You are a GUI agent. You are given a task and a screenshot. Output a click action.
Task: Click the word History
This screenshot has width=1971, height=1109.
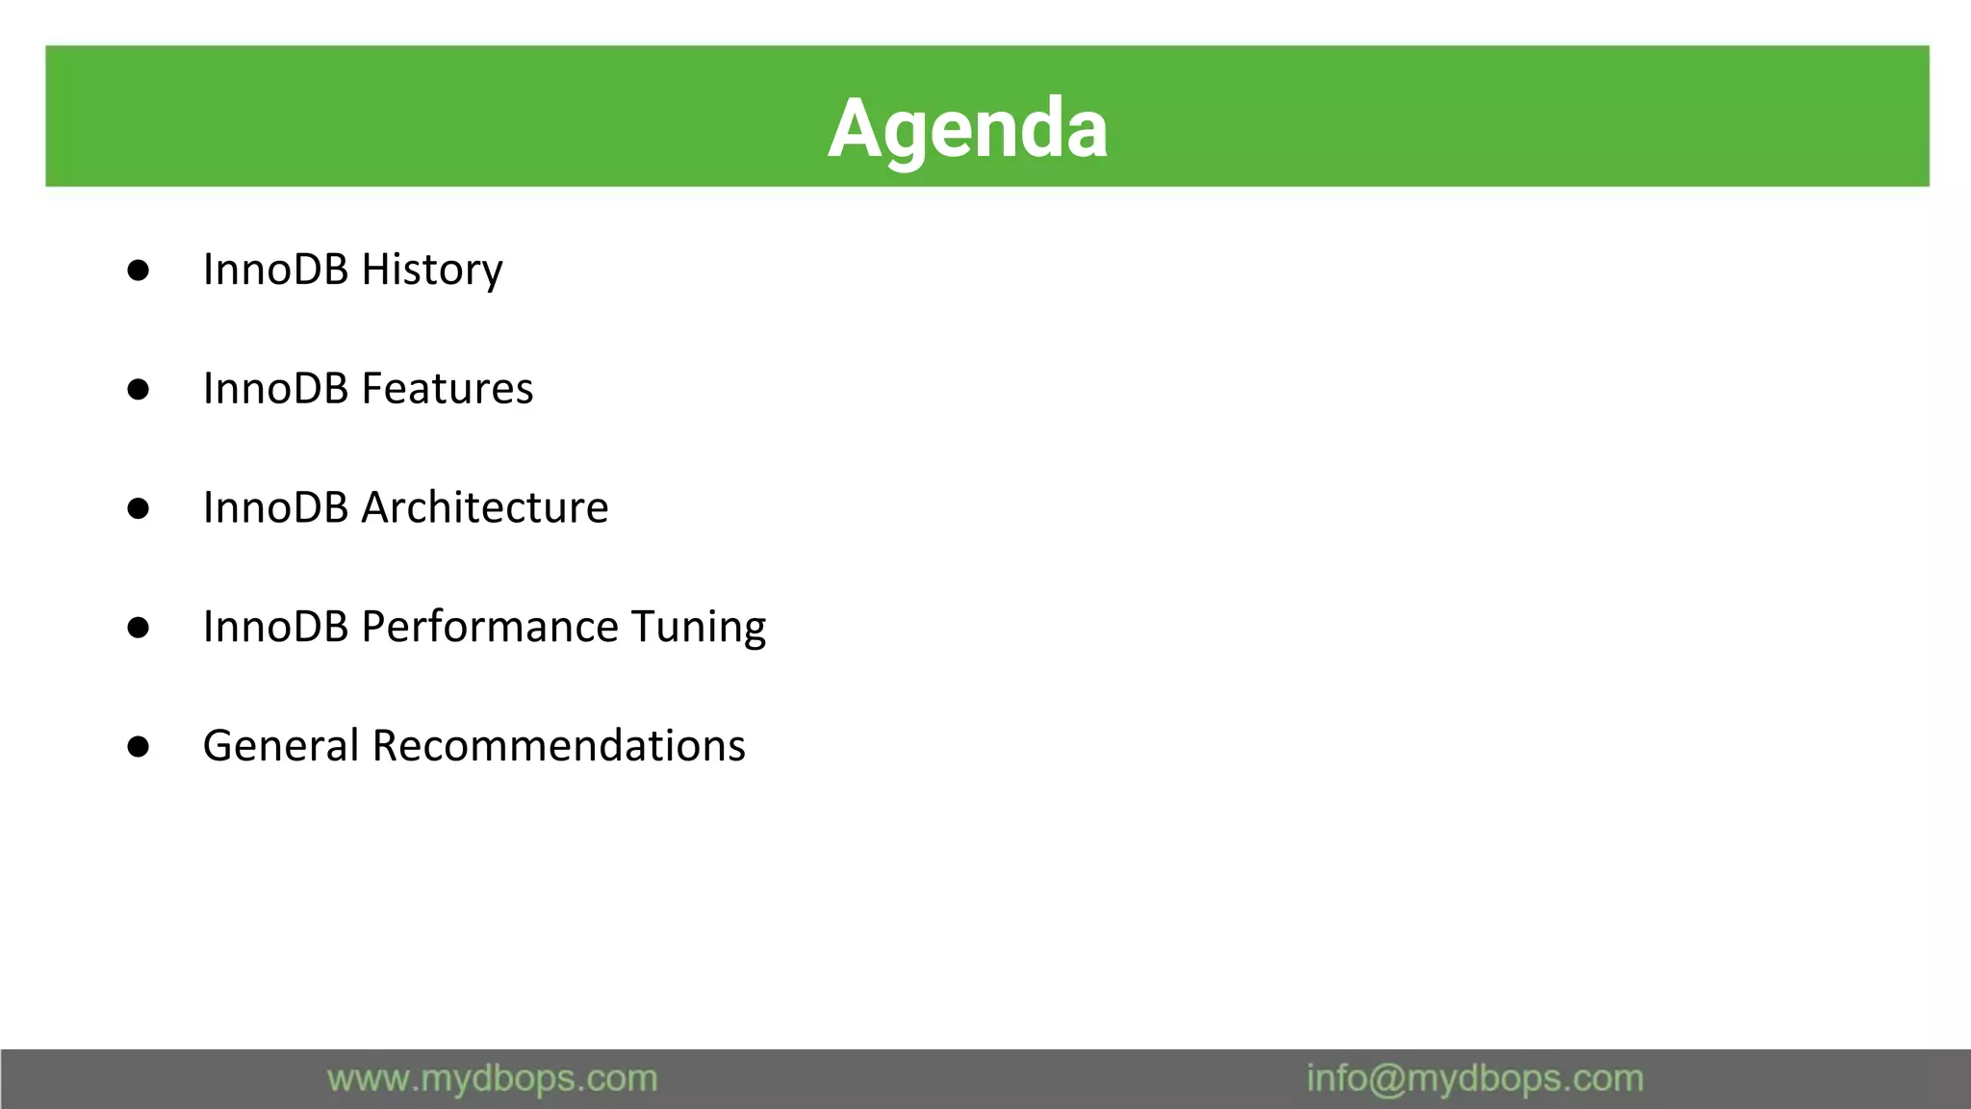pyautogui.click(x=431, y=270)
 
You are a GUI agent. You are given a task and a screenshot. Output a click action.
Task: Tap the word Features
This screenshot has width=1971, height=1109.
pyautogui.click(x=447, y=389)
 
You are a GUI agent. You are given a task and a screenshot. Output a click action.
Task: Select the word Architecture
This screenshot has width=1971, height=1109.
pyautogui.click(x=484, y=507)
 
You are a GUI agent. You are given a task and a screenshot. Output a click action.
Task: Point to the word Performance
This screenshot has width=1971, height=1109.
pyautogui.click(x=489, y=627)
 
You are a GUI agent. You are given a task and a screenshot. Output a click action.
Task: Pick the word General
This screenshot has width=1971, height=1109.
pyautogui.click(x=281, y=746)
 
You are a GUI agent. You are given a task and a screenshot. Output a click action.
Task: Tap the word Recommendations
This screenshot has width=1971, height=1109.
pyautogui.click(x=558, y=746)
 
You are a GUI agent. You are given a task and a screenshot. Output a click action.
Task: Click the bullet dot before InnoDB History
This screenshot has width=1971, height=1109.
pyautogui.click(x=138, y=271)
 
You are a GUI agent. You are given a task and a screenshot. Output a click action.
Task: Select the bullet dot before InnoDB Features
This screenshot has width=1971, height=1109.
pyautogui.click(x=138, y=390)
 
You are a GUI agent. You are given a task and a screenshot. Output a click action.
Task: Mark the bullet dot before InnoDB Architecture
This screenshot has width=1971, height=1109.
pyautogui.click(x=138, y=508)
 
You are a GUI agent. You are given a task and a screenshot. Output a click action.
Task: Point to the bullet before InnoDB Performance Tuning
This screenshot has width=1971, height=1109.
pyautogui.click(x=138, y=628)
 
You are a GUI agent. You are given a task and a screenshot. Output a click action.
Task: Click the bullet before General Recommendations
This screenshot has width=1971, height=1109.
pyautogui.click(x=138, y=747)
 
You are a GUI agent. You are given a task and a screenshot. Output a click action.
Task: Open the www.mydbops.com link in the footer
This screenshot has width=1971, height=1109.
pyautogui.click(x=492, y=1079)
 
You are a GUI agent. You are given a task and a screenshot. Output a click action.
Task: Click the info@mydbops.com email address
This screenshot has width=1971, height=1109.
pyautogui.click(x=1474, y=1079)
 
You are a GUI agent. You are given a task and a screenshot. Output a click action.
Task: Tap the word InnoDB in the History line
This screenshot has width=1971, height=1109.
pyautogui.click(x=275, y=270)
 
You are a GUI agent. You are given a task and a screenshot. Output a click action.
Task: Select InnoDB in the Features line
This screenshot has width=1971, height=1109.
pyautogui.click(x=275, y=389)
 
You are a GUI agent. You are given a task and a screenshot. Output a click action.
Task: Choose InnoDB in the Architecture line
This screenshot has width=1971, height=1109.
pyautogui.click(x=275, y=507)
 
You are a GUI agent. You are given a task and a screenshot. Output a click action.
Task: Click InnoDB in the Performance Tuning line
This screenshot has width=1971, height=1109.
pyautogui.click(x=275, y=627)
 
